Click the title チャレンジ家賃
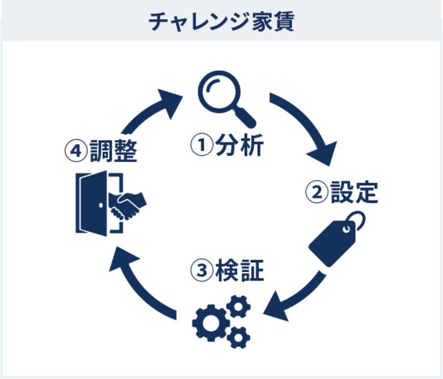tap(221, 22)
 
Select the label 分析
tap(240, 145)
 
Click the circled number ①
tap(202, 145)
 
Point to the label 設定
tap(354, 192)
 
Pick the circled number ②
tap(317, 192)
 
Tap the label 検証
tap(240, 271)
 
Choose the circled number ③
tap(202, 271)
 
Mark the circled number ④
tap(76, 151)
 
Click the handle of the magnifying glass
tap(245, 118)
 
